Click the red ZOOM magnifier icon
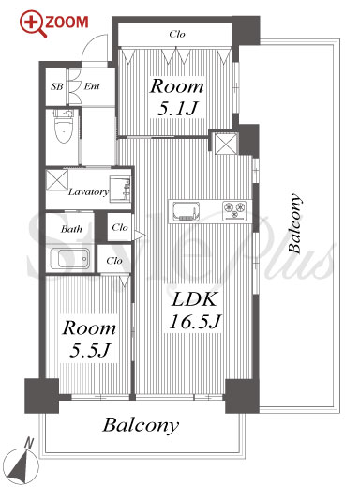pos(33,23)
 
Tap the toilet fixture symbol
pos(64,126)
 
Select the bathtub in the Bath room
pos(69,258)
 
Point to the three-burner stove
pos(234,210)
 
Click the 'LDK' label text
pos(194,299)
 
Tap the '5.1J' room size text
pos(177,109)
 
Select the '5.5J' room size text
pos(89,350)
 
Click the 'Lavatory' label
pos(88,191)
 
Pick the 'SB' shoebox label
pos(57,86)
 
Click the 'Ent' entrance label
pos(92,86)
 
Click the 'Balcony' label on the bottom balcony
pos(141,425)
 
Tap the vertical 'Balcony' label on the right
pos(295,223)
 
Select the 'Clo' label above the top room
pos(177,34)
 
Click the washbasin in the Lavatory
pos(120,189)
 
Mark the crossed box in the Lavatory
pos(57,180)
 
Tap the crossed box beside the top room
pos(227,144)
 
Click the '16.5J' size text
pos(195,322)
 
